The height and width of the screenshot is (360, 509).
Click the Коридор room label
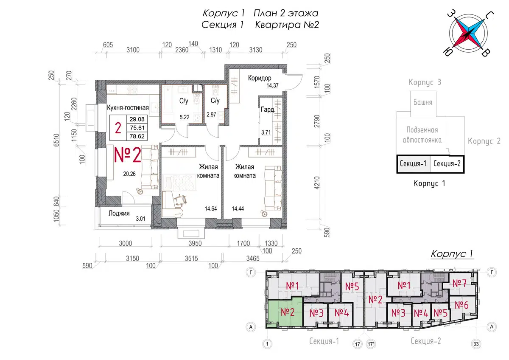tap(260, 78)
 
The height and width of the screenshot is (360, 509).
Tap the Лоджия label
tap(119, 213)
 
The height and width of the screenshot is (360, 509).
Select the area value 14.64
tap(211, 208)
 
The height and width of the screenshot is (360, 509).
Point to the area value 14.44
tap(238, 208)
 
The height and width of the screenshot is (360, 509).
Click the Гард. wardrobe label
tap(268, 110)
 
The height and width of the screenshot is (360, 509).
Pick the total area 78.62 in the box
tap(137, 136)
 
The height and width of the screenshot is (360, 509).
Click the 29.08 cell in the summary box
tap(137, 119)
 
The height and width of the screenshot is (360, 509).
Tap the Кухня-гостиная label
tap(128, 107)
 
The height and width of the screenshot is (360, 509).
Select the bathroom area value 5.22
tap(185, 117)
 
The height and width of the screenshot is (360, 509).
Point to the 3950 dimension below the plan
tap(195, 244)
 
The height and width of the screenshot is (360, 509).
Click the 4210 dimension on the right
tap(317, 183)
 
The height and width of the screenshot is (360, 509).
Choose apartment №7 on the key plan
tap(459, 283)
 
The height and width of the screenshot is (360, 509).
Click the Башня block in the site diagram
tap(423, 104)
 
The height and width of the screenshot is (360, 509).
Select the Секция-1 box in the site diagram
tap(413, 164)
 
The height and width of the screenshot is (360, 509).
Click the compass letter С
tap(489, 15)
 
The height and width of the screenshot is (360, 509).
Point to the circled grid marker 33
tap(476, 343)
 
